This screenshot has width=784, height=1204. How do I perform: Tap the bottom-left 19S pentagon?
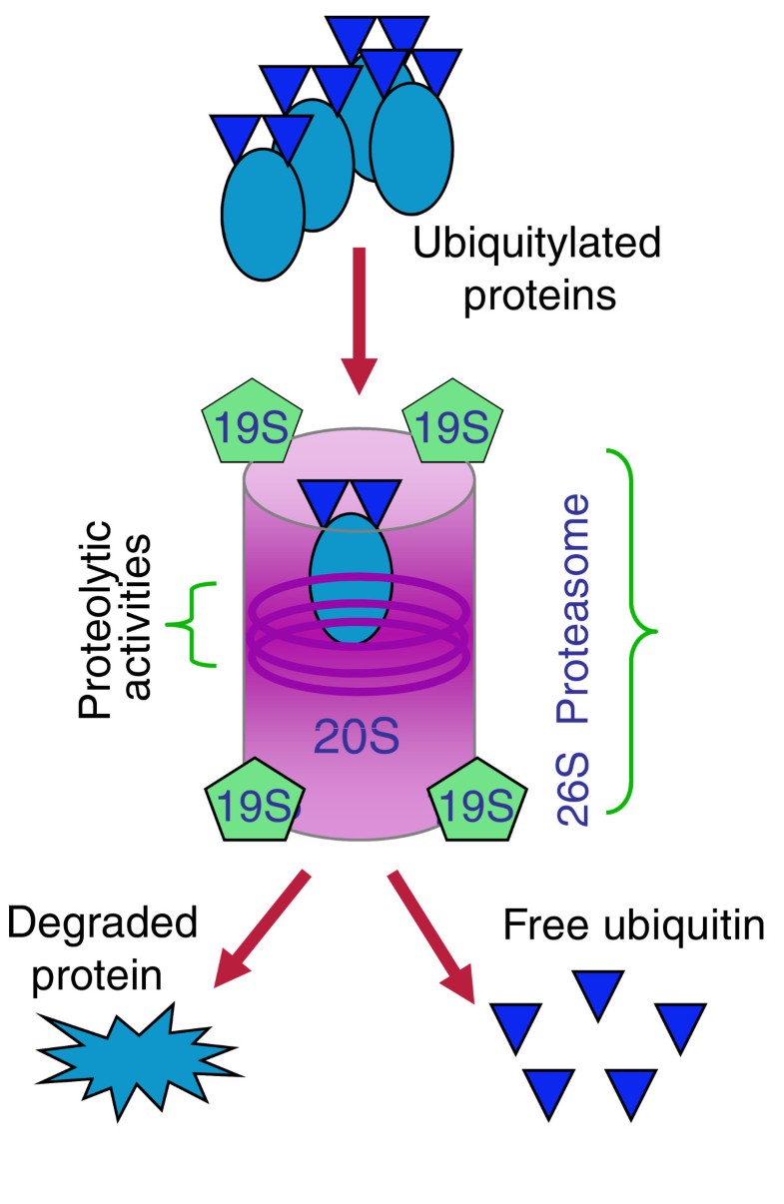point(252,802)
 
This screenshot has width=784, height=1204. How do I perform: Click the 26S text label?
point(575,789)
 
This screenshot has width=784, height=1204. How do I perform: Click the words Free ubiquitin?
point(633,925)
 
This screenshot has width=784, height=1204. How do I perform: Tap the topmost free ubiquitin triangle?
point(599,992)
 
